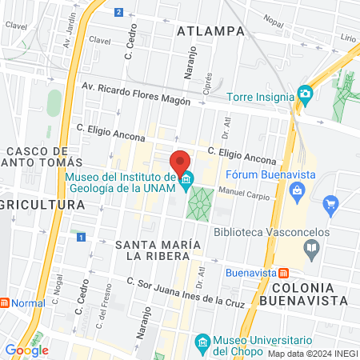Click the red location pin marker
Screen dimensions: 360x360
point(182,159)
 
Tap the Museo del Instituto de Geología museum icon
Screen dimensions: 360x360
point(187,179)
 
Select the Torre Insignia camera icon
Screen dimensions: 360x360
point(304,94)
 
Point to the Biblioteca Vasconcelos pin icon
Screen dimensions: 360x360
point(310,248)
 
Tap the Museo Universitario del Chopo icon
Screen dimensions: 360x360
point(202,346)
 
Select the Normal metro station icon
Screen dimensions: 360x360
point(5,303)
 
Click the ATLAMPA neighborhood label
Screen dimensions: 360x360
point(210,31)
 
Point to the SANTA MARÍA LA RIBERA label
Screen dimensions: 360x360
point(152,250)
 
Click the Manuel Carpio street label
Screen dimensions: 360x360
point(240,192)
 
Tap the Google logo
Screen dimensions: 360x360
point(26,350)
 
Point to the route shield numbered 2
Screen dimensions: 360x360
point(118,12)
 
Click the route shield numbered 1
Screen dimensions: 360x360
point(80,237)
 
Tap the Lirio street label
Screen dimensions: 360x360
point(346,38)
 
